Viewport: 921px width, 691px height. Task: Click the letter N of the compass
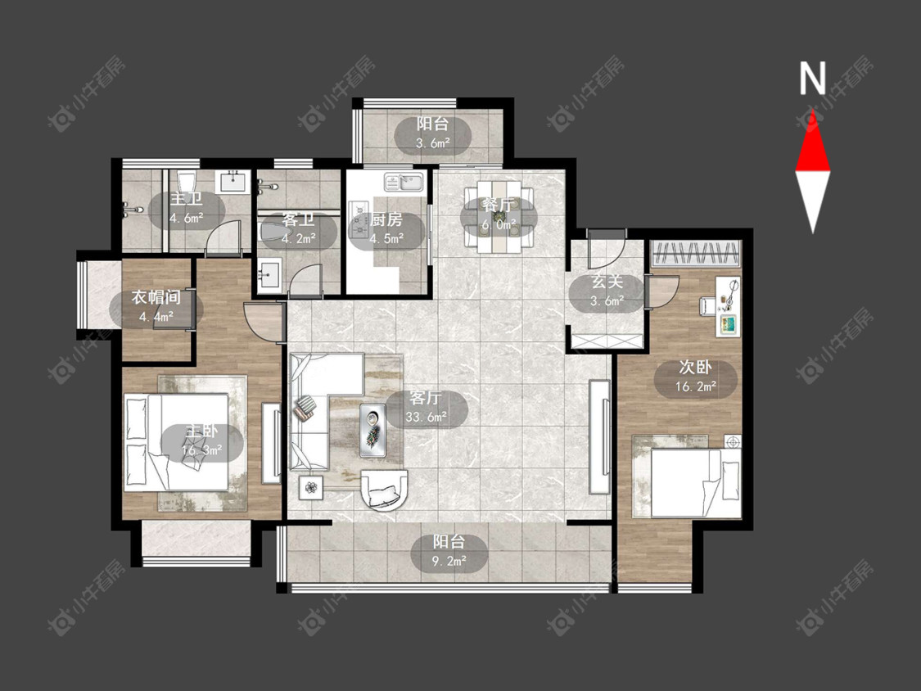tap(813, 79)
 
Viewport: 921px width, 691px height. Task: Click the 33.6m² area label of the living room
tap(426, 418)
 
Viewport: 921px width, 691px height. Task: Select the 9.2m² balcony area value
tap(449, 561)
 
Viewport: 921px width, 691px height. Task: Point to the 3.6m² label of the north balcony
tap(433, 142)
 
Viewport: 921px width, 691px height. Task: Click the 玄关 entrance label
tap(607, 282)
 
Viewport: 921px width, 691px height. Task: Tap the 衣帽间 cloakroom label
tap(156, 297)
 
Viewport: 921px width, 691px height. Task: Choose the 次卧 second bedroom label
tap(695, 368)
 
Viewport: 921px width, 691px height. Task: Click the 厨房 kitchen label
tap(386, 219)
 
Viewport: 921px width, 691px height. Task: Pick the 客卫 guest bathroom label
tap(298, 220)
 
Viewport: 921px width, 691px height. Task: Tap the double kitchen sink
tap(404, 182)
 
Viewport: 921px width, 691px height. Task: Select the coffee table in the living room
tap(373, 430)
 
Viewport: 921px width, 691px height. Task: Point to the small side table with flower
tap(310, 487)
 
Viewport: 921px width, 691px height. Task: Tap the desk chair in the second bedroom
tap(707, 306)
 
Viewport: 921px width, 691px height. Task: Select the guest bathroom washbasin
tap(270, 277)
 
